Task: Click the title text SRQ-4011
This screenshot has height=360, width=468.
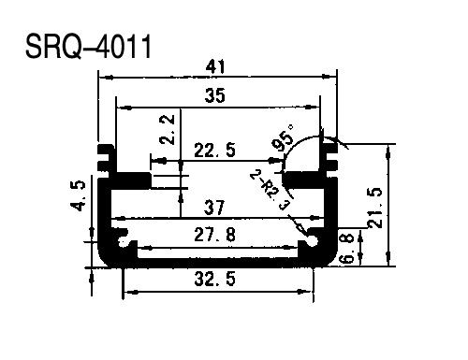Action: (88, 47)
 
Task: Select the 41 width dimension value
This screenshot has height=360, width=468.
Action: (215, 66)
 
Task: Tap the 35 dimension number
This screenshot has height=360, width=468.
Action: (215, 95)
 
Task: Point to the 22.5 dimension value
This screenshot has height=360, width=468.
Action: (214, 150)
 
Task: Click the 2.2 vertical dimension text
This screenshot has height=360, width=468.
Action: (168, 129)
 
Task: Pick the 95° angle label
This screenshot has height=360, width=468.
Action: (283, 137)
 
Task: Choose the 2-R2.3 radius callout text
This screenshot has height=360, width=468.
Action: (271, 190)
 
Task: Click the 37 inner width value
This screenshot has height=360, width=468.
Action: (214, 208)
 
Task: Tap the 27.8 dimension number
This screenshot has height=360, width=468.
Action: (214, 235)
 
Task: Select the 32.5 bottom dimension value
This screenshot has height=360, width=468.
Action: (214, 279)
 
